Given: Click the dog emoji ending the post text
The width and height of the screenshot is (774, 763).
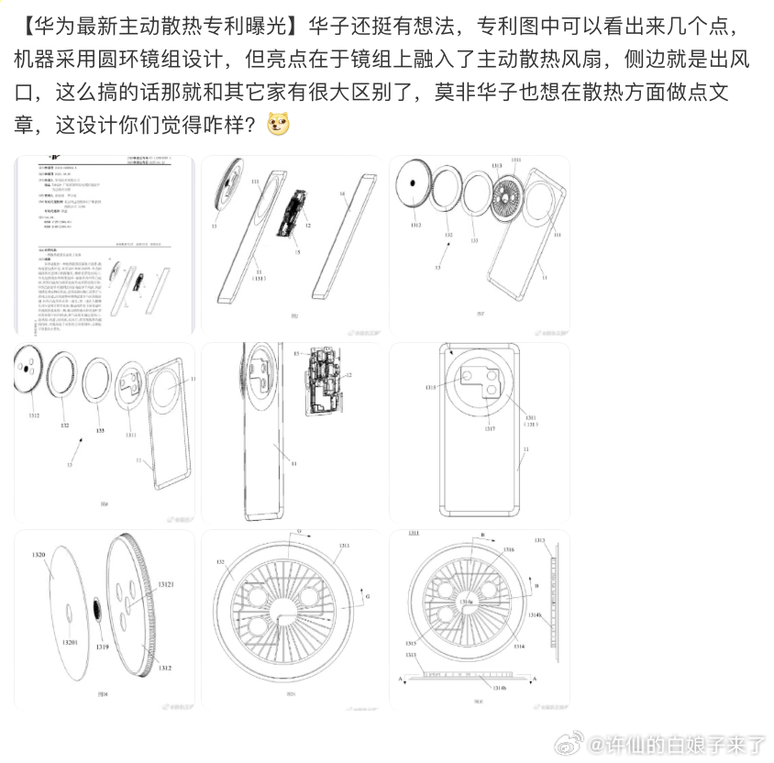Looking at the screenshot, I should coord(277,123).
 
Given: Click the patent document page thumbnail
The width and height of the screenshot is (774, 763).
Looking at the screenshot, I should coord(104,245).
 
